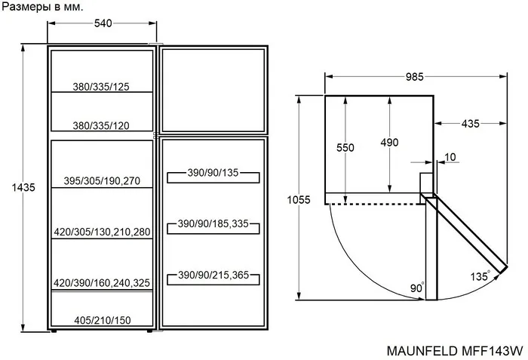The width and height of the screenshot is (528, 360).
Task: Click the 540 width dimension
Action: [x=103, y=23]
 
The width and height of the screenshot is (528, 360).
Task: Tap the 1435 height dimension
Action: [x=23, y=187]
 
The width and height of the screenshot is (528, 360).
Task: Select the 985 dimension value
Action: [x=414, y=77]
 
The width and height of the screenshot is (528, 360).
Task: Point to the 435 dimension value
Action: [x=470, y=124]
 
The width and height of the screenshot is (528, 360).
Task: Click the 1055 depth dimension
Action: [x=299, y=200]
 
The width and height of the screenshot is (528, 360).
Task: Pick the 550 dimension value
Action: [x=345, y=148]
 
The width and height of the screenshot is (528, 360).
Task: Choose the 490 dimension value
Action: [x=390, y=143]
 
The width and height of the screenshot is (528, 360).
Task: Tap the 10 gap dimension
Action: [x=450, y=157]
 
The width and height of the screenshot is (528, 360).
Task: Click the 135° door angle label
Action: [x=480, y=276]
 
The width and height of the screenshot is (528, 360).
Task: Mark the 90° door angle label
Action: [x=417, y=288]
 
